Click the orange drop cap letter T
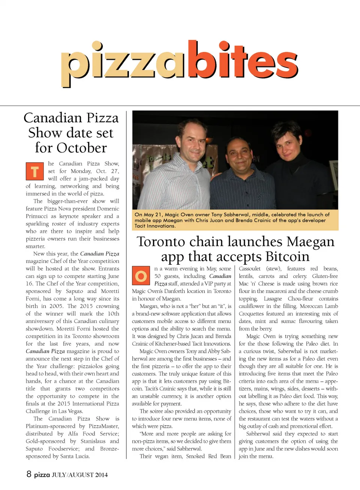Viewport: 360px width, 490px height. pos(34,171)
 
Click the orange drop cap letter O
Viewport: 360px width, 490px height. pos(141,276)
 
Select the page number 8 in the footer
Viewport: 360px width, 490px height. pos(29,474)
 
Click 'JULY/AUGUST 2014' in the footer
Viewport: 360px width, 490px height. pos(79,475)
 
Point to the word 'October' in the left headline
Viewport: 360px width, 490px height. pos(82,148)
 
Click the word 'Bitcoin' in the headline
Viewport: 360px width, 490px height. pos(287,257)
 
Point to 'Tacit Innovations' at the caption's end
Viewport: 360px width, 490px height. pos(155,226)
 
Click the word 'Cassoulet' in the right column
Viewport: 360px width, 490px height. pos(250,269)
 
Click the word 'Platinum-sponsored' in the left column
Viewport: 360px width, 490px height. pos(51,426)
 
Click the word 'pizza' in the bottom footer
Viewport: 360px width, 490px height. pos(42,475)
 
